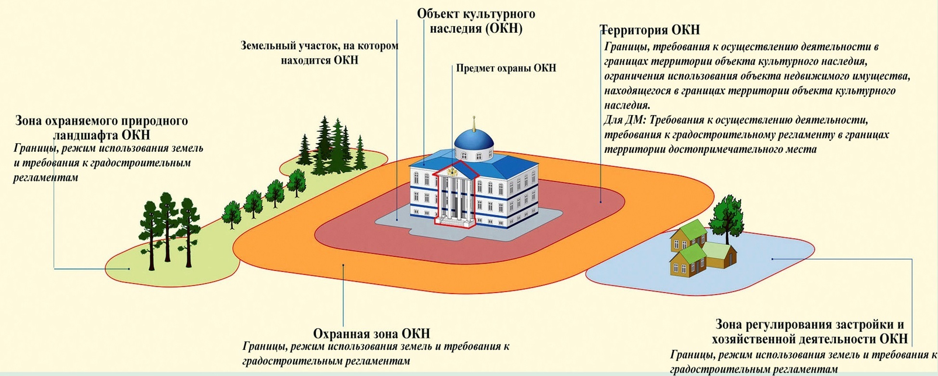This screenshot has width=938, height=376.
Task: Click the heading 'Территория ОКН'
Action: (x=650, y=30)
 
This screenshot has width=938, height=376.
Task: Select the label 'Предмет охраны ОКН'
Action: (x=506, y=68)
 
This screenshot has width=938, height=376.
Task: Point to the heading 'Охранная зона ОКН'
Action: (x=371, y=334)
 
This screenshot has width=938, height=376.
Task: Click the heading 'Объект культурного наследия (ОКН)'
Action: (x=476, y=21)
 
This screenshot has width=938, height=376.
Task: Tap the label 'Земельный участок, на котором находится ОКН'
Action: (x=320, y=53)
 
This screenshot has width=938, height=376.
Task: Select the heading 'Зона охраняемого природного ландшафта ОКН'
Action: (x=102, y=127)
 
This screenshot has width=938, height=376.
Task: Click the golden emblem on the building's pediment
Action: (x=452, y=171)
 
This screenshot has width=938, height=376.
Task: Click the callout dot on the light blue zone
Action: (x=772, y=259)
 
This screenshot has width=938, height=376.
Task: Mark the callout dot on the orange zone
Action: (x=343, y=265)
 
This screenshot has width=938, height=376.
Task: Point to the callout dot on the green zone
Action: (x=129, y=269)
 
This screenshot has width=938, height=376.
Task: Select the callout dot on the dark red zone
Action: (x=601, y=202)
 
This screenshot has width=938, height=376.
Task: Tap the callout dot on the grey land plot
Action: (x=397, y=220)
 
